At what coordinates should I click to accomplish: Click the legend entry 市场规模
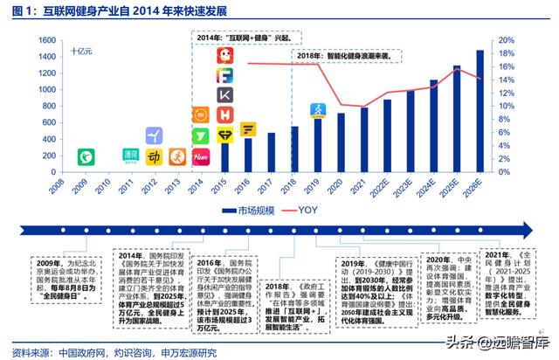pyautogui.click(x=248, y=211)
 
